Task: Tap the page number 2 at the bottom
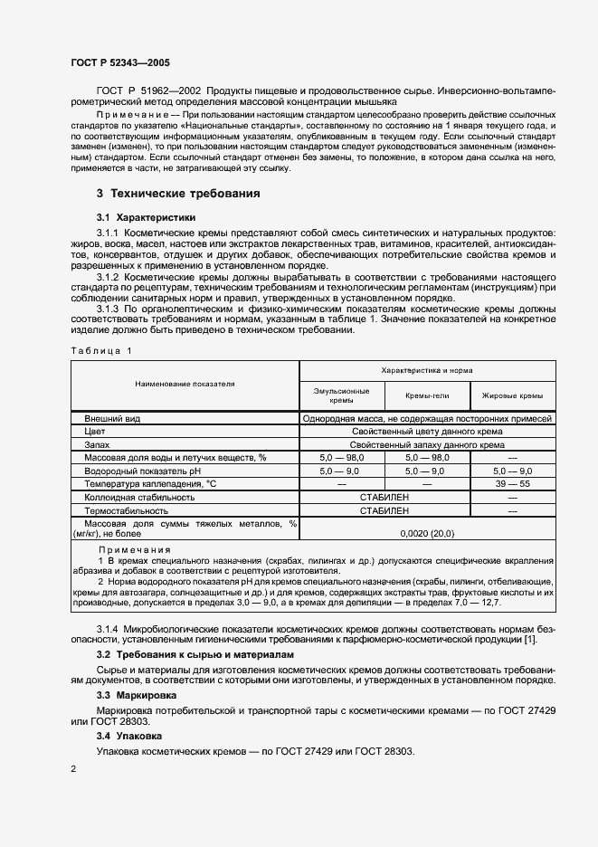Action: click(73, 768)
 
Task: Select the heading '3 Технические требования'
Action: click(178, 194)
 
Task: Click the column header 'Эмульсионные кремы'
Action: click(341, 395)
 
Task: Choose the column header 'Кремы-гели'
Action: click(427, 395)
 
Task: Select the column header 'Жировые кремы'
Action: click(512, 395)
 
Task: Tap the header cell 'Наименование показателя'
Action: click(185, 384)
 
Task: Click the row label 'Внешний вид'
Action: click(111, 419)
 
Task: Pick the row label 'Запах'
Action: click(97, 444)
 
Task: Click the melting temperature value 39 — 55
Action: click(512, 484)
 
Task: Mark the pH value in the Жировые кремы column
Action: click(512, 471)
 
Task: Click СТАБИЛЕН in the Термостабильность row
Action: click(384, 510)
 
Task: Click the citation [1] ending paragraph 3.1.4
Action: click(529, 641)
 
